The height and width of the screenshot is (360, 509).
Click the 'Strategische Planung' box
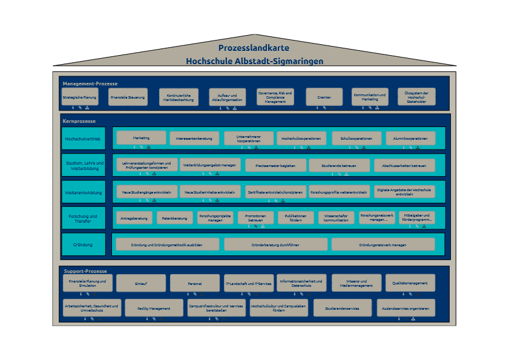point(79,97)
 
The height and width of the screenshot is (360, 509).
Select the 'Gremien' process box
point(319,97)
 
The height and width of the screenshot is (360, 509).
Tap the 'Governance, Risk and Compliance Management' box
point(275,97)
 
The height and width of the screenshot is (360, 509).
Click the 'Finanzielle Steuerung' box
point(127,97)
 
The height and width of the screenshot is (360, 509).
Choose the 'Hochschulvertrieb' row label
point(83,139)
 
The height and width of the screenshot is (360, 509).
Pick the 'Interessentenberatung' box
point(195,139)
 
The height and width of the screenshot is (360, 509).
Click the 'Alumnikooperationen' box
point(410,139)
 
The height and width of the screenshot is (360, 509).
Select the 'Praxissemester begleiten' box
point(275,165)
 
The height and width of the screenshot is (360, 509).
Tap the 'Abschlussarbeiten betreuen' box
point(404,165)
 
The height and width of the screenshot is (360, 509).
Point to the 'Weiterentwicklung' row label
point(83,192)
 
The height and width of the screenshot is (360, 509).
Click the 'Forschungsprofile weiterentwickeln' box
point(339,192)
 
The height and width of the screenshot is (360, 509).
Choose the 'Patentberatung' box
point(174,218)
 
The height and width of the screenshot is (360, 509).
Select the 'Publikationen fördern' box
point(295,218)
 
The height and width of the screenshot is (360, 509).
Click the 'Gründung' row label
point(83,244)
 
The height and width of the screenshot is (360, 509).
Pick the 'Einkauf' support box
point(141,283)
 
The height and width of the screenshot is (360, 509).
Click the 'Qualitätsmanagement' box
point(410,283)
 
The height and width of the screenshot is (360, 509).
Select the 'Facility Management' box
point(154,308)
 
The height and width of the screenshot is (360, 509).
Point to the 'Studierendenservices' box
point(342,308)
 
